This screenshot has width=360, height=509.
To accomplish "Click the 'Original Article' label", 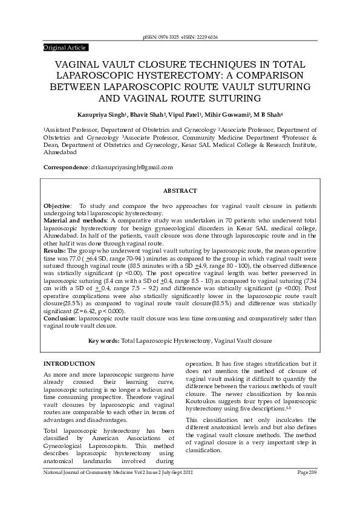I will pyautogui.click(x=65, y=47).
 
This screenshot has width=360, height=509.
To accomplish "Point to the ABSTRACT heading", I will pyautogui.click(x=180, y=191).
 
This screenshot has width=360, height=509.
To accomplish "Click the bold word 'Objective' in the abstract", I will pyautogui.click(x=57, y=206).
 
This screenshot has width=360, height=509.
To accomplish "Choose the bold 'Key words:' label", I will pyautogui.click(x=103, y=341).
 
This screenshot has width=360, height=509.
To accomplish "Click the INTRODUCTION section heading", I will pyautogui.click(x=69, y=364).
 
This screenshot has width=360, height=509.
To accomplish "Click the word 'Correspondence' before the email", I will pyautogui.click(x=65, y=167).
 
